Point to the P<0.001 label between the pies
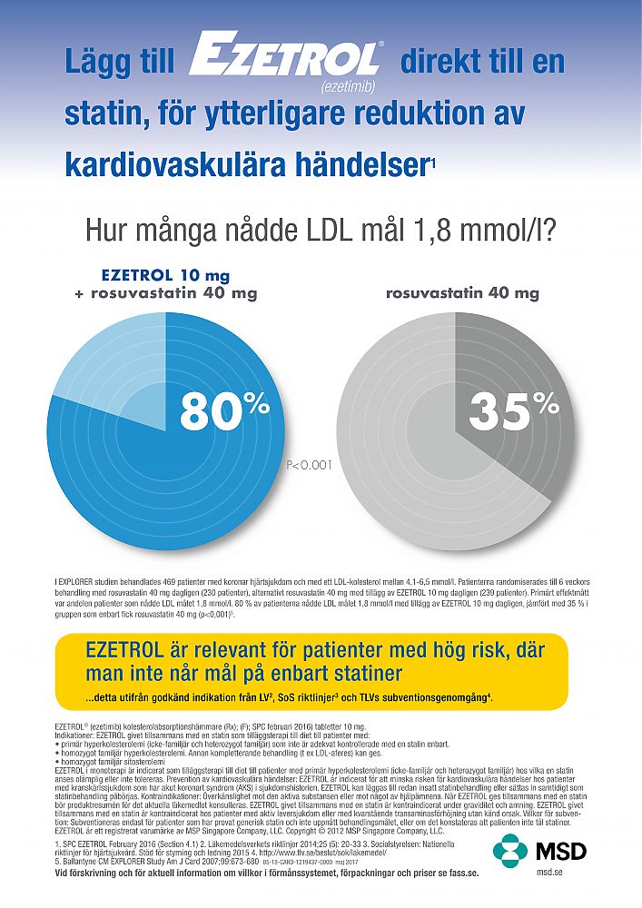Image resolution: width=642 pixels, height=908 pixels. pos(310,464)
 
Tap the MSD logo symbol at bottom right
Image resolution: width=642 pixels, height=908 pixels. pos(510,851)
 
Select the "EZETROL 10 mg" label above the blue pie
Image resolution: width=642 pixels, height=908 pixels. pos(165,274)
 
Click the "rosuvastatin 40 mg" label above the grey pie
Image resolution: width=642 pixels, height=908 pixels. pos(462,292)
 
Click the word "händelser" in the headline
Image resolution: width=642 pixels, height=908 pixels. pos(353,165)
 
